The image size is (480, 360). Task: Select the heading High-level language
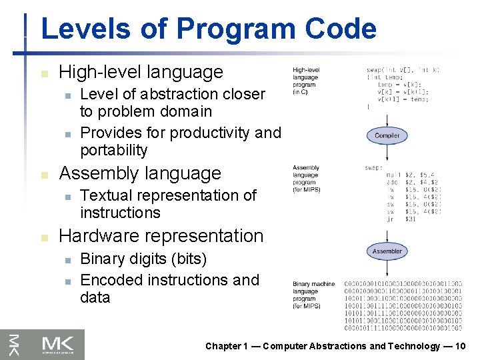[141, 72]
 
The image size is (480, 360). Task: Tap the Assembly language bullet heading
[140, 173]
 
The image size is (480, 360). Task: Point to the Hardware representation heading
[161, 236]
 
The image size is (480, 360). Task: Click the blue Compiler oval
[387, 135]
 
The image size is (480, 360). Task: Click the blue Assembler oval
[387, 251]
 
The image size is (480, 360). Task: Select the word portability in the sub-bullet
[113, 150]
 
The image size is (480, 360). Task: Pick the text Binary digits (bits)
[143, 259]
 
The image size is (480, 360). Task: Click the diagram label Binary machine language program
[314, 295]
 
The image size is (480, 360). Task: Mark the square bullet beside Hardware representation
[44, 237]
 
